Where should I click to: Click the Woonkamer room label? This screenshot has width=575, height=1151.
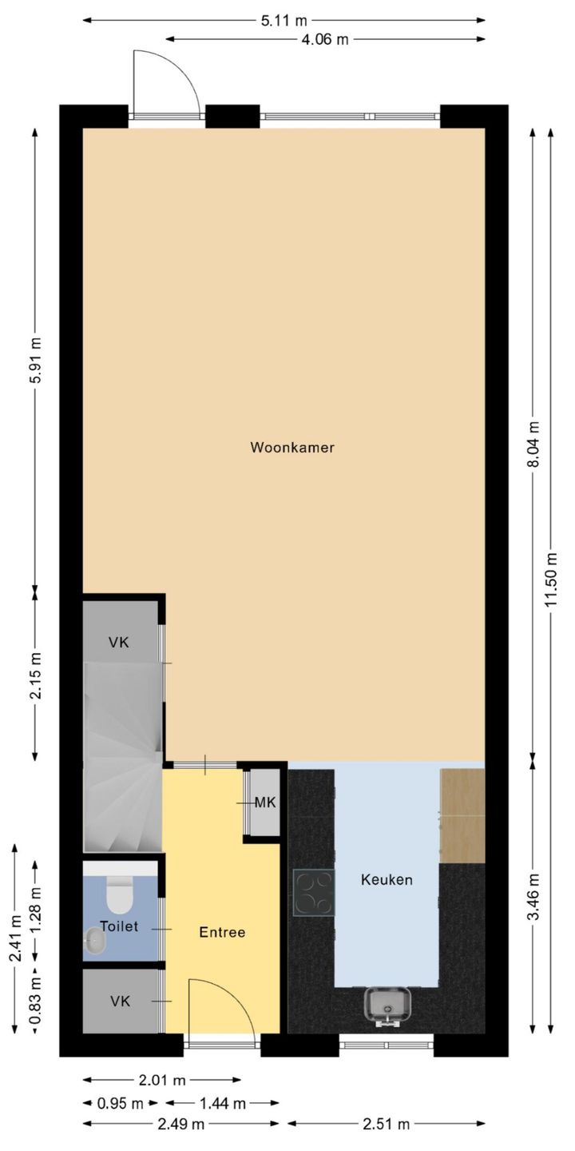(x=292, y=448)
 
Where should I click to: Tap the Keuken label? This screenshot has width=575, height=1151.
(x=387, y=880)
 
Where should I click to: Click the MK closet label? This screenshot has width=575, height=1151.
(x=265, y=803)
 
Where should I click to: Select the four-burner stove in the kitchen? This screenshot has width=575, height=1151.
(x=313, y=891)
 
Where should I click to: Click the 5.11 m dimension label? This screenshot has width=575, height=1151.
(x=284, y=21)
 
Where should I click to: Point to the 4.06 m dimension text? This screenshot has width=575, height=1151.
(x=325, y=39)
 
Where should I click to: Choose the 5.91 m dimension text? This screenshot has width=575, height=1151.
(x=35, y=360)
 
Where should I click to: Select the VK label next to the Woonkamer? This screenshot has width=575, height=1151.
(x=120, y=642)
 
